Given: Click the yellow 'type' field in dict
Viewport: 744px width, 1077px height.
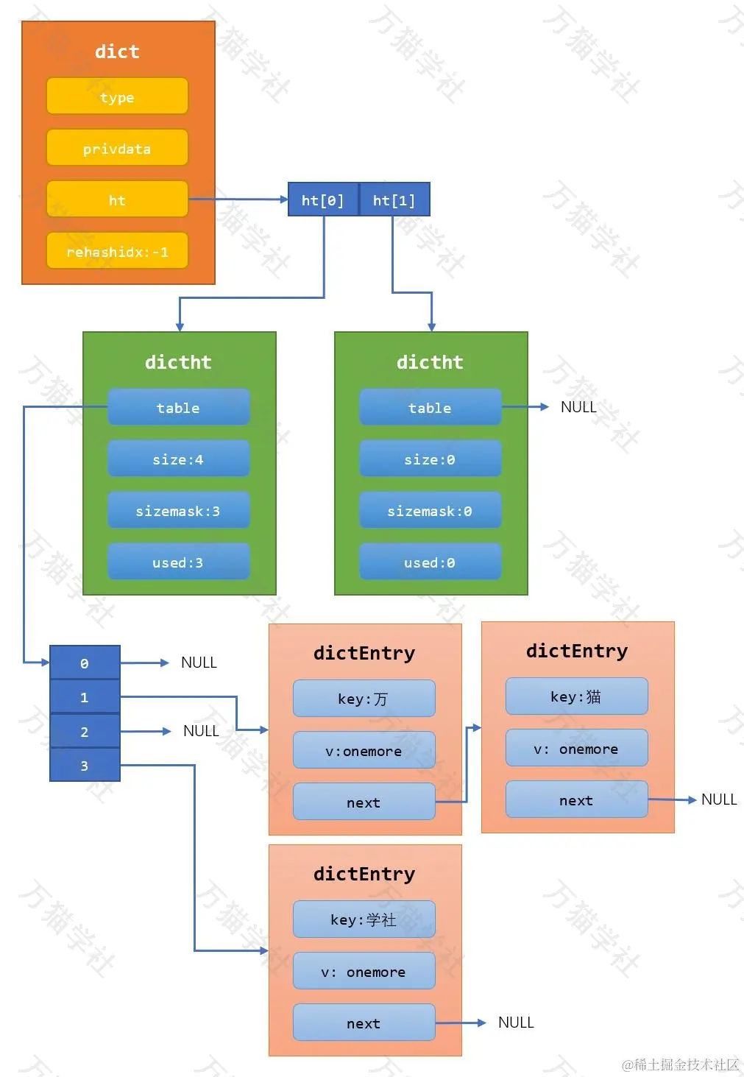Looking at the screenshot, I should click(117, 96).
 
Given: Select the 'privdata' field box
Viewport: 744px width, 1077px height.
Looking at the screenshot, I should click(117, 148).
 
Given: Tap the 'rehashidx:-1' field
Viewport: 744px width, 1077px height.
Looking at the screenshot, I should click(117, 251).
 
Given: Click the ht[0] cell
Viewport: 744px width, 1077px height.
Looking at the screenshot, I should click(323, 199).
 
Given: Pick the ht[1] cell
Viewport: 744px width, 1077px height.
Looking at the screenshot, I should click(394, 199).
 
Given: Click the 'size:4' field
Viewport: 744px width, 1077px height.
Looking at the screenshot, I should click(178, 459).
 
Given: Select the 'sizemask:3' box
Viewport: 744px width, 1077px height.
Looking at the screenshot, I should click(178, 510).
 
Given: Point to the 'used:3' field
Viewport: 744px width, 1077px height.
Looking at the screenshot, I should click(178, 562).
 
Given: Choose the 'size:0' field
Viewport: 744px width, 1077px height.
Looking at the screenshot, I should click(430, 459).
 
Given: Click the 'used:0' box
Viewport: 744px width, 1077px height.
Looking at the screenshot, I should click(430, 562).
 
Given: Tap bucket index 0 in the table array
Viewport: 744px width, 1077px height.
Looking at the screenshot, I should click(85, 663).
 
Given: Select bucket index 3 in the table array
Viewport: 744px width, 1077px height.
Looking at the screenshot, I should click(85, 765).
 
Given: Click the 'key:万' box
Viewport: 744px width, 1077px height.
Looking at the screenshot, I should click(364, 698).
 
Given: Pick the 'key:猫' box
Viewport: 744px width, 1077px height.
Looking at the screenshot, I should click(576, 696).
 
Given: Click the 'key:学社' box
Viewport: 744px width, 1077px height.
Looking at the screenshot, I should click(364, 919).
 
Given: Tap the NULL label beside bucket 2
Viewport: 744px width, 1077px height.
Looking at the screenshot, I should click(201, 731).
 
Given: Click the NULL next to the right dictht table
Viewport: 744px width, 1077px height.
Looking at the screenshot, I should click(578, 407).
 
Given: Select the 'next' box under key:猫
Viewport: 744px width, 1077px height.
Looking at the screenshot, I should click(576, 799).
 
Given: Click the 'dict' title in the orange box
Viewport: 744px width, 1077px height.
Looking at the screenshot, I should click(117, 52).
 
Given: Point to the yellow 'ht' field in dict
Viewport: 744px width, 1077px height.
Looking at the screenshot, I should click(117, 199).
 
